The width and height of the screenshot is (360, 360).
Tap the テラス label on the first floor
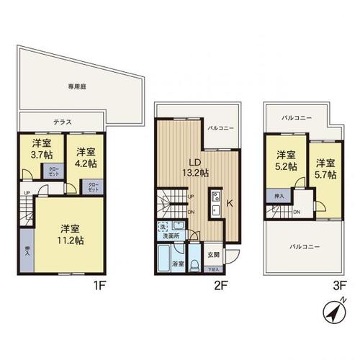pos(63,122)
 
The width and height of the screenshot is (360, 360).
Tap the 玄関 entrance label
pos(213,254)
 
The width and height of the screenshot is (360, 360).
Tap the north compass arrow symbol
pos(331,313)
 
